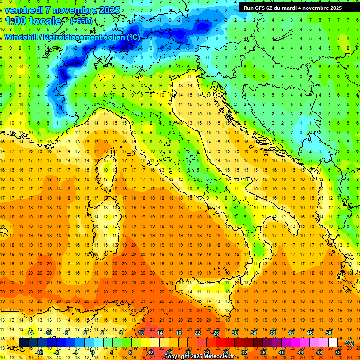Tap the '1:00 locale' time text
click(34, 21)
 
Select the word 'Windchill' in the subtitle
click(22, 37)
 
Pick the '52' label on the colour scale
click(338, 352)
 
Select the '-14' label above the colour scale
click(29, 333)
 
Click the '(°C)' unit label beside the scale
click(349, 343)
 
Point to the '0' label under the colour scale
click(93, 352)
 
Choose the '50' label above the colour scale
click(329, 333)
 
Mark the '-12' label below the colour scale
click(39, 352)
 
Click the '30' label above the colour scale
click(234, 333)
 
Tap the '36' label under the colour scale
click(262, 352)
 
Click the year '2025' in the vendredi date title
click(109, 10)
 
